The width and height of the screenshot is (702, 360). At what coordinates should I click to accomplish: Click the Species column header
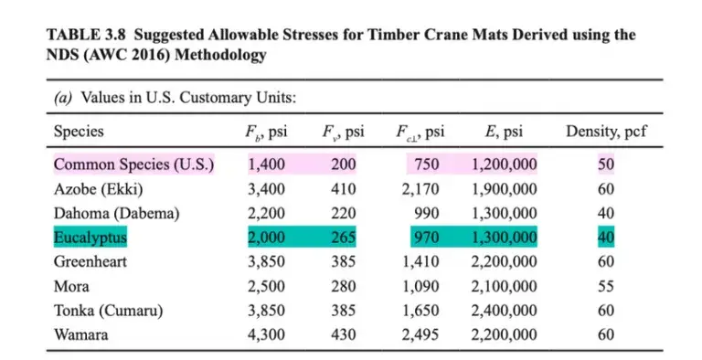point(79,132)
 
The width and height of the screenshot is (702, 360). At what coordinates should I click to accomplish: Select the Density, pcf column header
point(606,132)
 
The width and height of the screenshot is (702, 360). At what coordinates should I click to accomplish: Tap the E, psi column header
point(504,132)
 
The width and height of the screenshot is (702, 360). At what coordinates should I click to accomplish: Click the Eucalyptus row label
point(90,238)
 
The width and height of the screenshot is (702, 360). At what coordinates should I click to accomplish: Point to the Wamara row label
point(80,334)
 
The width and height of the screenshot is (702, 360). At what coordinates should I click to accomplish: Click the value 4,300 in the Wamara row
point(267,334)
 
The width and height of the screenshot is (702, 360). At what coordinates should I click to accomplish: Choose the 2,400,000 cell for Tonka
point(505,311)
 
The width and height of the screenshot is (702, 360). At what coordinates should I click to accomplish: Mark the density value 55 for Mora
point(606,287)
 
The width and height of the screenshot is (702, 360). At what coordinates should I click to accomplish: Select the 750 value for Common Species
point(426,165)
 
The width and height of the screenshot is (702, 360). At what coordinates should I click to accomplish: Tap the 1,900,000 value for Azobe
point(505,189)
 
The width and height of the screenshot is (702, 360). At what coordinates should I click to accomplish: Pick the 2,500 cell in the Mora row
point(267,287)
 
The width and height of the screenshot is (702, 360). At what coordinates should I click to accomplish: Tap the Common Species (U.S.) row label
point(133,165)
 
